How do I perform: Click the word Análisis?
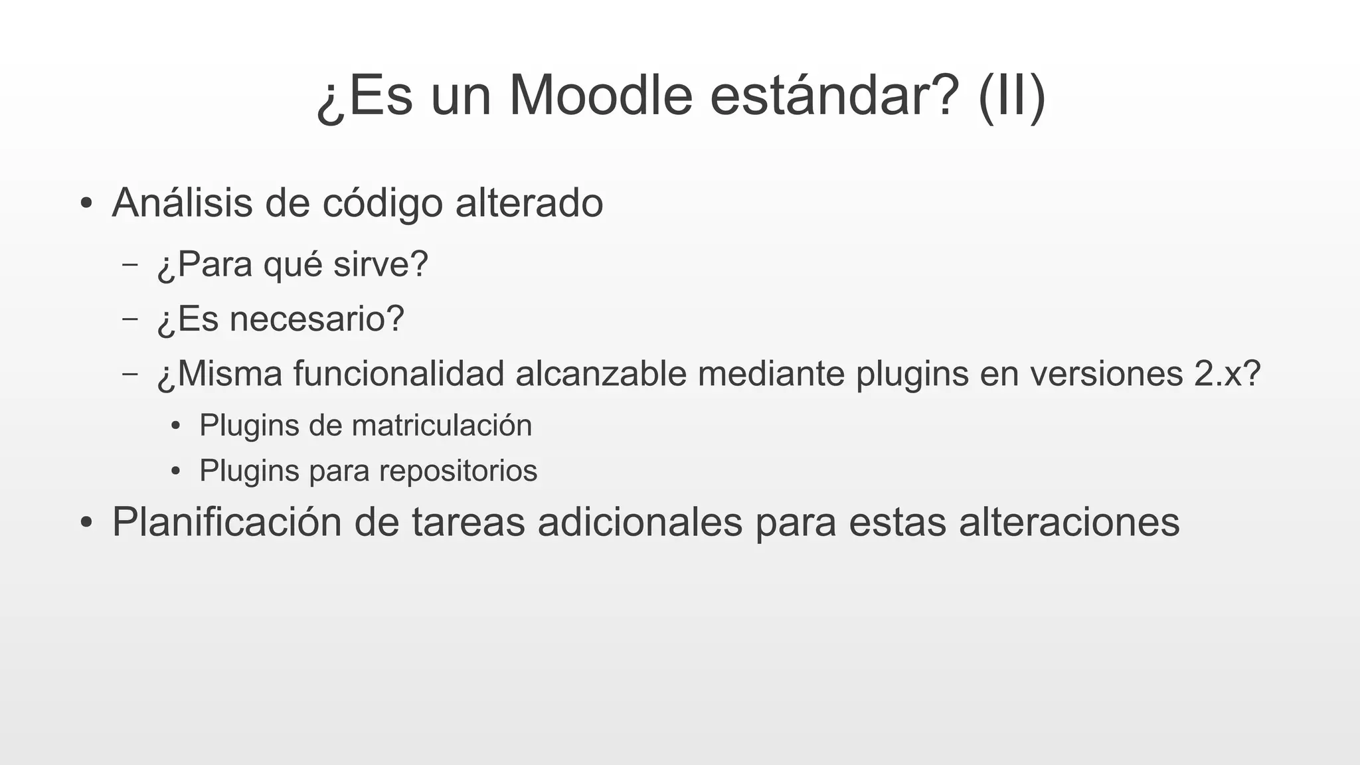[x=182, y=203]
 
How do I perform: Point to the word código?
[x=382, y=204]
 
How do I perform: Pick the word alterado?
[x=529, y=203]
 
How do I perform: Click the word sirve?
[x=381, y=264]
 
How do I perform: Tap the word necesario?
[x=317, y=319]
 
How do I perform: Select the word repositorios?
[x=458, y=471]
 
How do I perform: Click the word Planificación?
[x=226, y=523]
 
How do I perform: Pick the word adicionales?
[x=640, y=523]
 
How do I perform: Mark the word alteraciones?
[x=1069, y=523]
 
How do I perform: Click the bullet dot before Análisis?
[x=85, y=204]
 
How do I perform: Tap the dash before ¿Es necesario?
[x=130, y=318]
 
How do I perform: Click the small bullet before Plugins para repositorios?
[x=175, y=471]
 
